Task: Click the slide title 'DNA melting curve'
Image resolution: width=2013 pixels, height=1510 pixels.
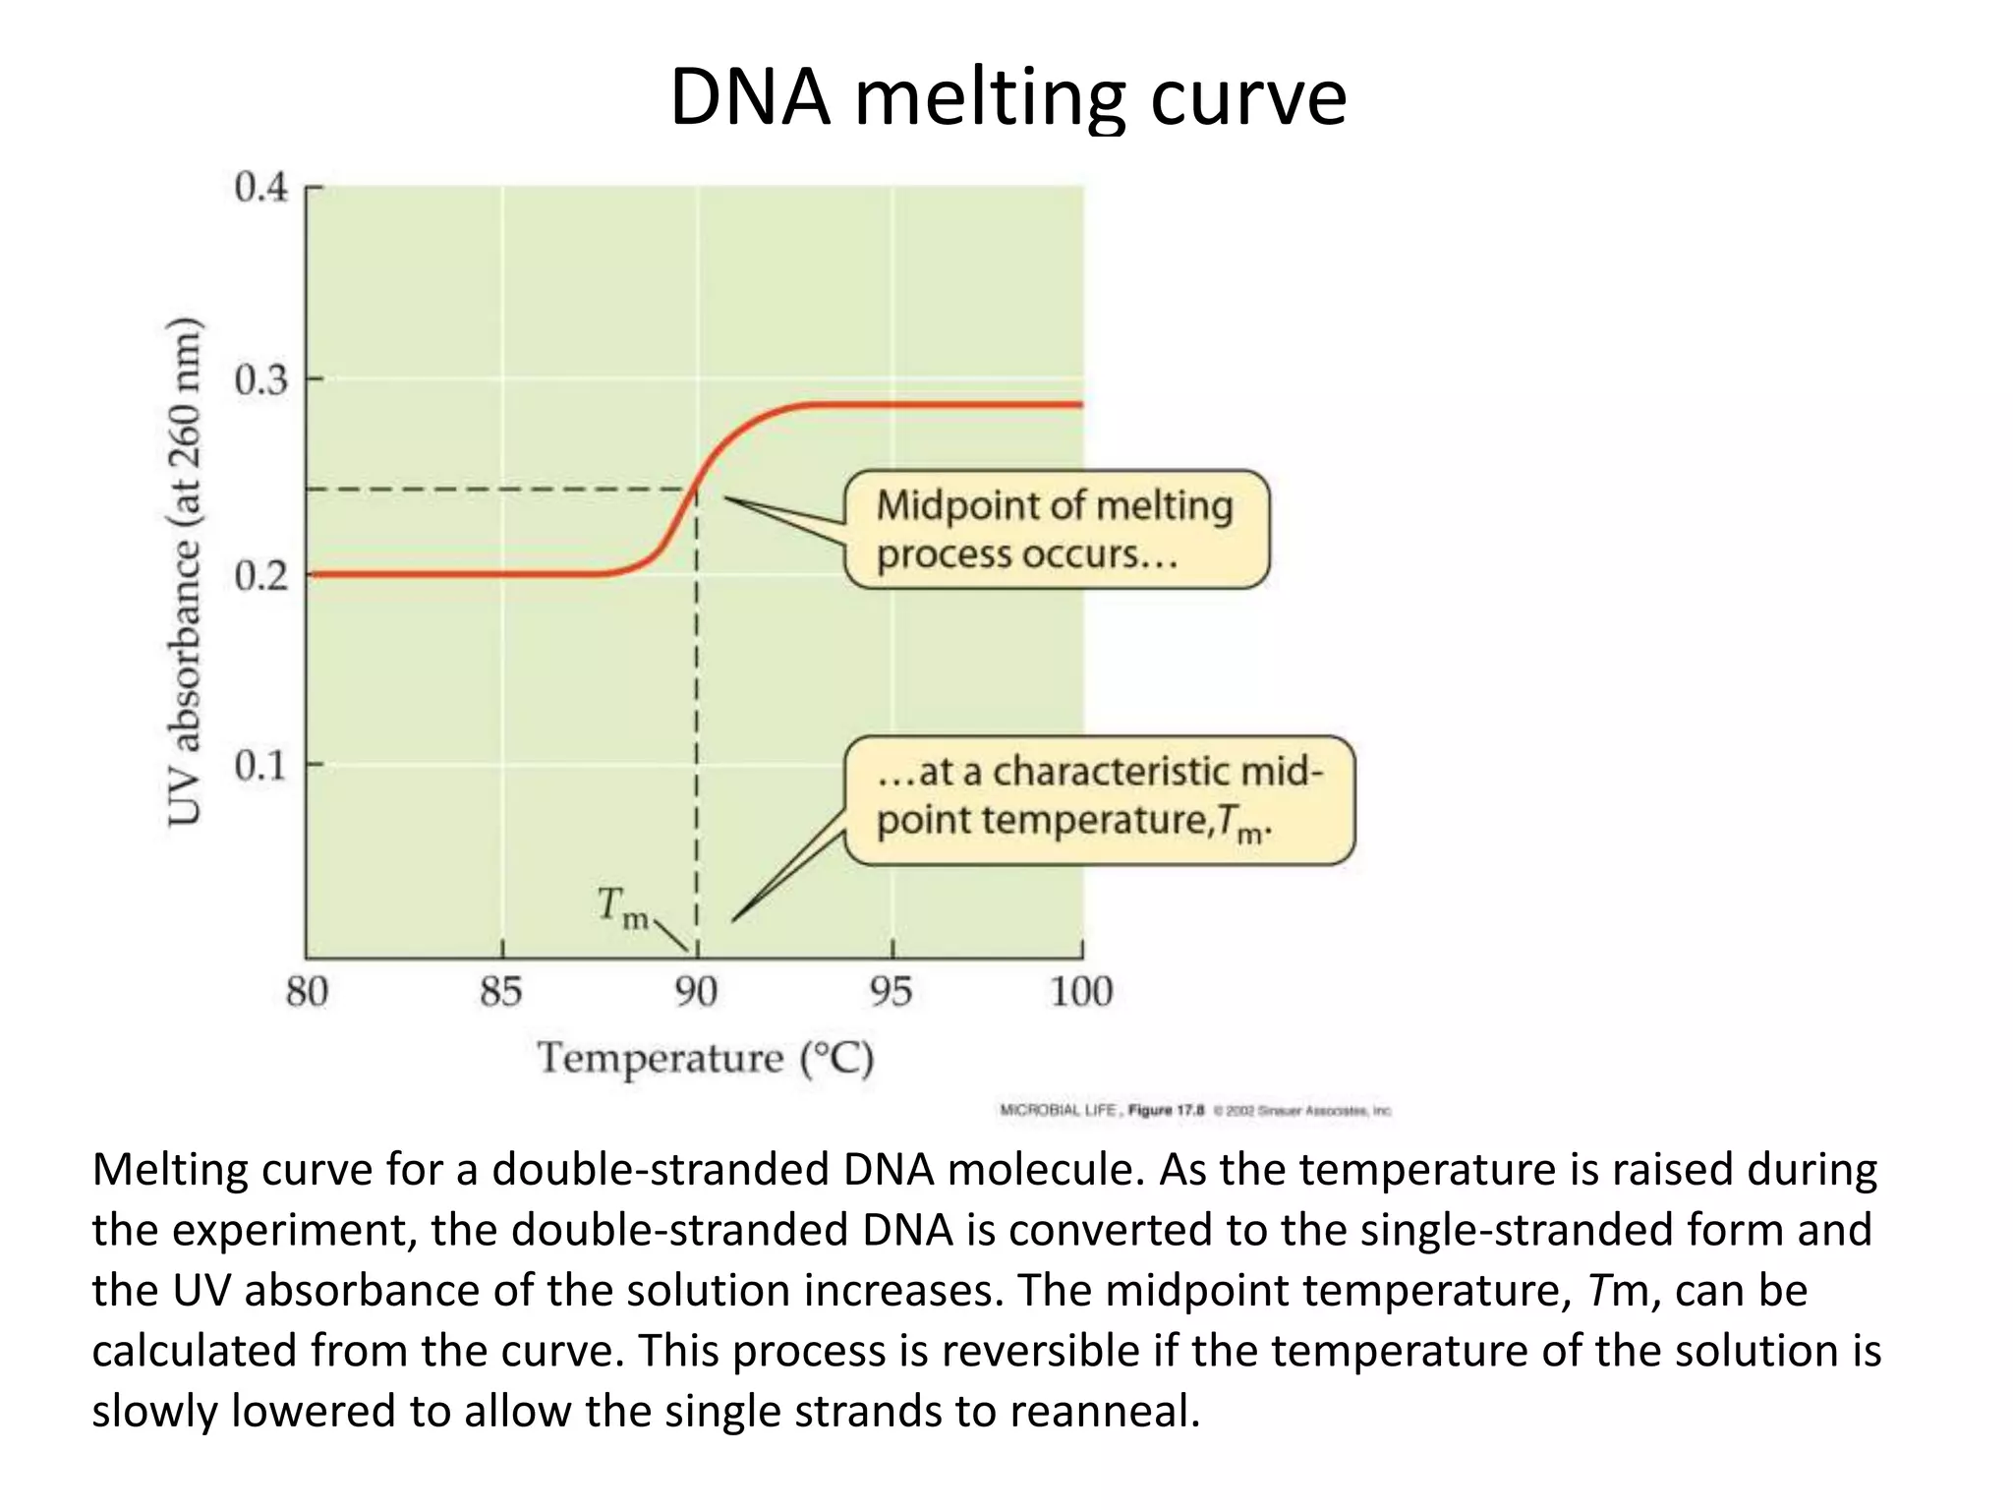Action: (1007, 97)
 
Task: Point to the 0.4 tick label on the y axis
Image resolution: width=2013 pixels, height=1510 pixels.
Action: (261, 187)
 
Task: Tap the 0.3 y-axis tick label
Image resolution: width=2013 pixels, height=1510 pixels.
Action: (261, 379)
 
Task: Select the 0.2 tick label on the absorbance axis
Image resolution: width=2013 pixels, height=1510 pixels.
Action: (261, 574)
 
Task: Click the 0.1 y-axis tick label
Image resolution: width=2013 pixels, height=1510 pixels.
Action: (261, 765)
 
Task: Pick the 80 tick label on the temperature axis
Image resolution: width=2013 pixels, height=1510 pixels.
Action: (307, 992)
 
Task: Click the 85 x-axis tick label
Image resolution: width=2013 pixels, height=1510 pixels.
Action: (501, 992)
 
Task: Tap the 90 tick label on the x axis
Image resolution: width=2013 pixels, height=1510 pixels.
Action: (696, 992)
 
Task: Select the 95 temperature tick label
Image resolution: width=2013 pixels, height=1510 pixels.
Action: (891, 992)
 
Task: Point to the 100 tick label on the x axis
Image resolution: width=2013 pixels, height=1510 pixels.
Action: (1081, 992)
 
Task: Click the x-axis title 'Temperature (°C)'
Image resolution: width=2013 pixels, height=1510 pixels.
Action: (706, 1059)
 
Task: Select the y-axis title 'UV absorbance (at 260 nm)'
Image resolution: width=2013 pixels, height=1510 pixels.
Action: (184, 572)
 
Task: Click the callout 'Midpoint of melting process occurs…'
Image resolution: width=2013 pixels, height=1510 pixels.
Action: (1057, 530)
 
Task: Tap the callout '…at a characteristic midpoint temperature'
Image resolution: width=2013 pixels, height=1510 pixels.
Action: (1099, 799)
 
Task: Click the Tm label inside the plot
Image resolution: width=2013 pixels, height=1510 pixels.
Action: (623, 906)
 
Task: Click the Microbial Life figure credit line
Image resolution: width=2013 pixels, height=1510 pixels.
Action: (1195, 1111)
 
